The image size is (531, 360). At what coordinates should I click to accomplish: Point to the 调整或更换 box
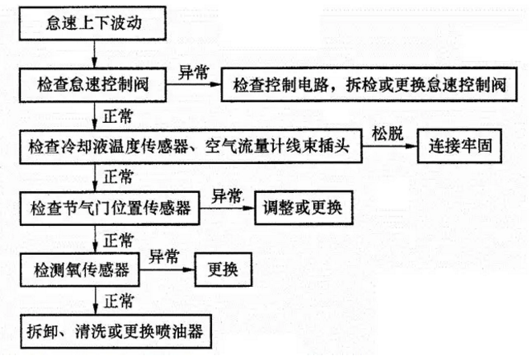click(301, 208)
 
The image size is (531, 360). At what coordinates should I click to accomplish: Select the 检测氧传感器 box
click(80, 266)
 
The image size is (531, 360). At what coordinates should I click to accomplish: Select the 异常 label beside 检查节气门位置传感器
click(227, 195)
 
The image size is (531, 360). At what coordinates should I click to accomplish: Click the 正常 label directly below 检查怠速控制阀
click(119, 116)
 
